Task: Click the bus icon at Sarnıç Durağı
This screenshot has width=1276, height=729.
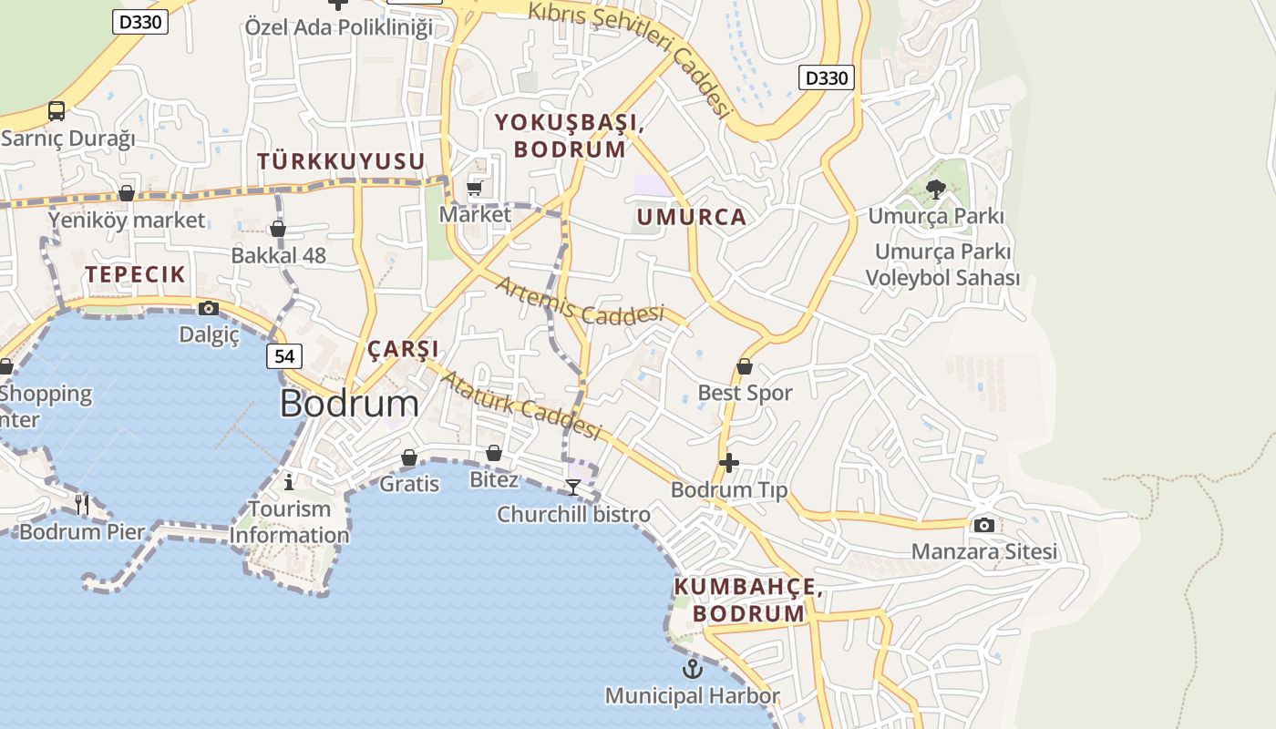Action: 57,111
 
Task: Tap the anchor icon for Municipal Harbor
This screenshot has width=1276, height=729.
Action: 694,670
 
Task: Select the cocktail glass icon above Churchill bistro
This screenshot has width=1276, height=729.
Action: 573,488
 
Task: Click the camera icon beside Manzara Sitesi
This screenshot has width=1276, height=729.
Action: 984,525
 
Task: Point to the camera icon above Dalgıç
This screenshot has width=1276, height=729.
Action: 209,308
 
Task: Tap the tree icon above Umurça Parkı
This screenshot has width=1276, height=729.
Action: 935,190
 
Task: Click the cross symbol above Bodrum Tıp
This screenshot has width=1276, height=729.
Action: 729,463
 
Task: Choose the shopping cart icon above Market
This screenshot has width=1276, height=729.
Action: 475,189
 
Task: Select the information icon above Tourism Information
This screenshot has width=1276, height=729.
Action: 290,481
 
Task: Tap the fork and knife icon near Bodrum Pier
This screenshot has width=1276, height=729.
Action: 83,503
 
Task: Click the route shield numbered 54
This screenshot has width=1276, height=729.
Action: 284,356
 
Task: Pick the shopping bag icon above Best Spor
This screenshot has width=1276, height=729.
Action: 745,366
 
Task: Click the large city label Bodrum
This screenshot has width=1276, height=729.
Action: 349,403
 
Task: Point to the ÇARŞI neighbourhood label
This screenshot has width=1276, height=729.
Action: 403,349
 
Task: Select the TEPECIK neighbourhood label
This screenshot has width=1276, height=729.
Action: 135,274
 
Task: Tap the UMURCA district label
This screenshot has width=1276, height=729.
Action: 692,217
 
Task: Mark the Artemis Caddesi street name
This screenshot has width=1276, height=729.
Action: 580,302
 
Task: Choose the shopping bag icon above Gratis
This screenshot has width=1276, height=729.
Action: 409,457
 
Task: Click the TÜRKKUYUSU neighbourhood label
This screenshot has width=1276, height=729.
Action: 341,161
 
